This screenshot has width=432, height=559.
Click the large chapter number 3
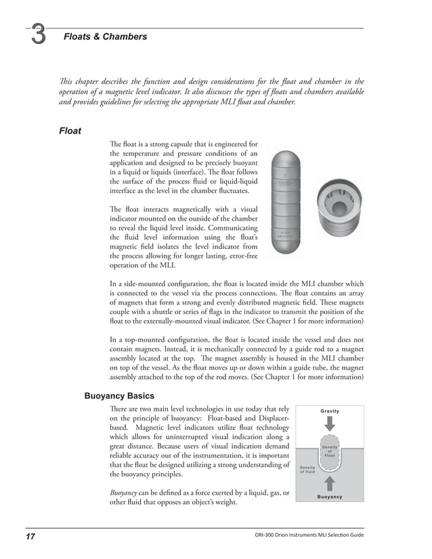[x=38, y=37]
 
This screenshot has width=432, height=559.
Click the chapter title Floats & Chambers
[x=105, y=37]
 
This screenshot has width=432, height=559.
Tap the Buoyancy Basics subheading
[x=118, y=395]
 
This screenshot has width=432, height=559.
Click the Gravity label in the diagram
[x=330, y=411]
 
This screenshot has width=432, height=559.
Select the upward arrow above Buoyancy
[x=330, y=482]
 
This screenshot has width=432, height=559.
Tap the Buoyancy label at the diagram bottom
[x=330, y=497]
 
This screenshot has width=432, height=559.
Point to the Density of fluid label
[x=307, y=470]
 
